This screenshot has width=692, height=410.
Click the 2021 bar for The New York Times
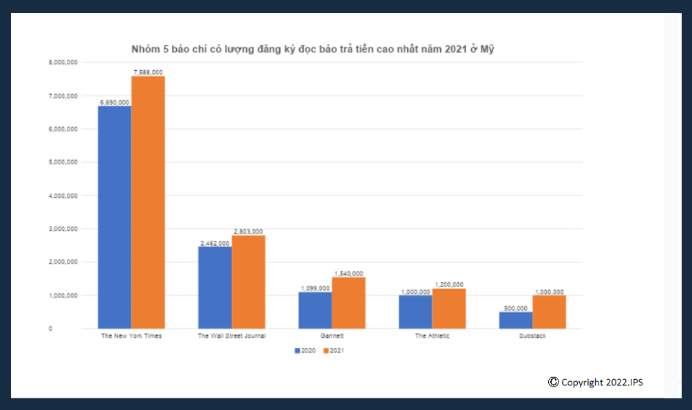[x=148, y=203]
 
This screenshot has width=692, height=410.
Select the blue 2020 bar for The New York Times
[x=114, y=217]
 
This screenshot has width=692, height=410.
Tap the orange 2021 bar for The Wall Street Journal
[x=248, y=282]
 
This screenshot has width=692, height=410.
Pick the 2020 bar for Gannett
[x=315, y=310]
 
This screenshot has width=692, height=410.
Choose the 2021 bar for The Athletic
[x=448, y=308]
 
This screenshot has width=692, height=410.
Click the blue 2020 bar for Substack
[x=515, y=320]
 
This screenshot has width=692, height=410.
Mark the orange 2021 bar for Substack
[x=549, y=312]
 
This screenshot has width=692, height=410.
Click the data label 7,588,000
[x=148, y=72]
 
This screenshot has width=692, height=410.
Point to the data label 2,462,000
[x=215, y=243]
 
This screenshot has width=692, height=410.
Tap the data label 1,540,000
[x=349, y=273]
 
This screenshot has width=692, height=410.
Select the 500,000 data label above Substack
[x=515, y=308]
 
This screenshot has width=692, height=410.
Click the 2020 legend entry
[x=307, y=350]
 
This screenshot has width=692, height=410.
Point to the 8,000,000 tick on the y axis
[x=63, y=62]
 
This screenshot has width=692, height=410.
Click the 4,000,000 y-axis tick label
[x=63, y=196]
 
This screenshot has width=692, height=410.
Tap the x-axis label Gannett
[x=332, y=336]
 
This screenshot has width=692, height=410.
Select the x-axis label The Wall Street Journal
[x=231, y=336]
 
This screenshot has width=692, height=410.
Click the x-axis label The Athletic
[x=432, y=336]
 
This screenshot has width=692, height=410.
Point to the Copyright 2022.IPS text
[x=596, y=382]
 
